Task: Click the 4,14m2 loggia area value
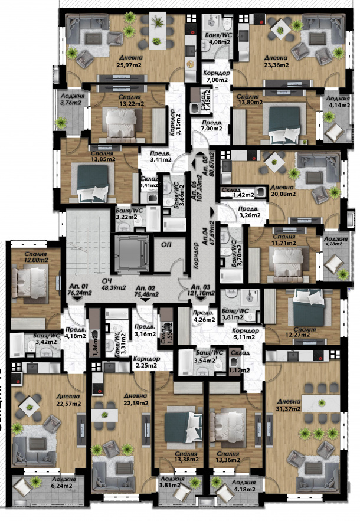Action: click(x=335, y=106)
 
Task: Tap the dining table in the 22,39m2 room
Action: click(x=110, y=411)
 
